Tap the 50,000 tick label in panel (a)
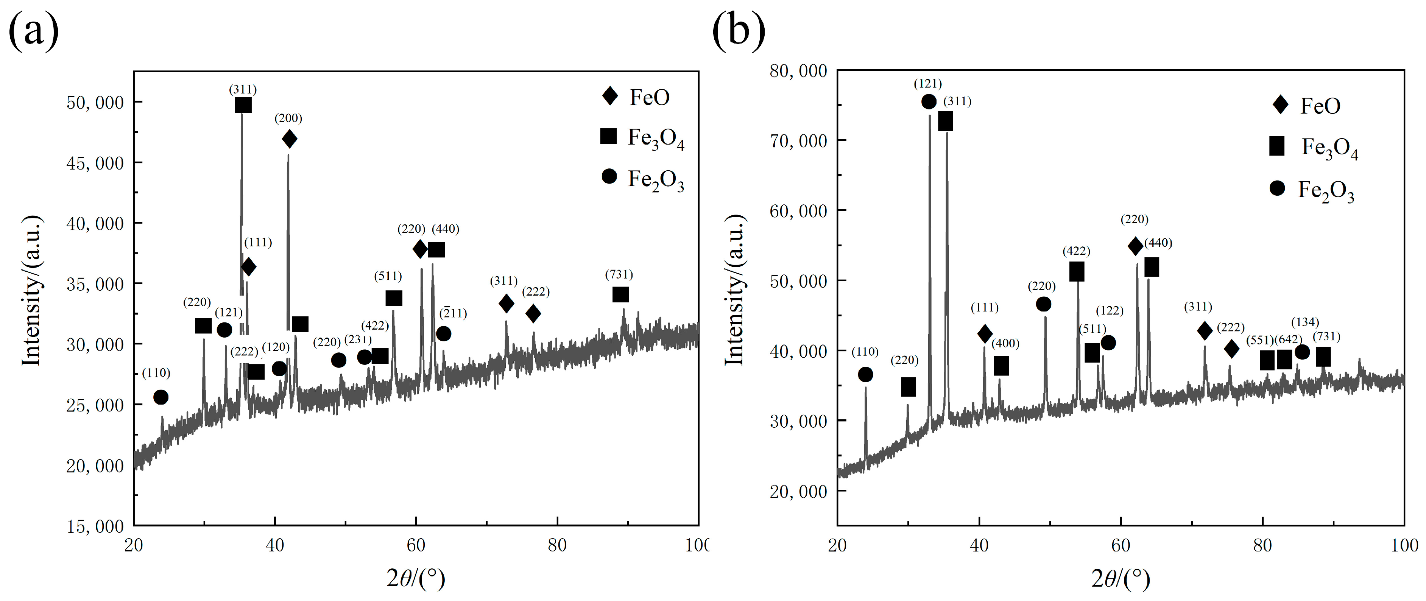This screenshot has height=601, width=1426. tap(95, 103)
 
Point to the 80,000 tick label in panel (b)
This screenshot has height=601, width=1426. tap(798, 72)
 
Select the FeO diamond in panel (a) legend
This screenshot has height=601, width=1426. tap(609, 96)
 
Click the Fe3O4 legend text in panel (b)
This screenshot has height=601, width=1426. tap(1330, 148)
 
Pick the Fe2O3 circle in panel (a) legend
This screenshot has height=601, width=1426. tap(609, 176)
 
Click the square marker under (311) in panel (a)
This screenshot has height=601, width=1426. tap(243, 105)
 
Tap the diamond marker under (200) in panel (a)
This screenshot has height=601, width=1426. tap(289, 139)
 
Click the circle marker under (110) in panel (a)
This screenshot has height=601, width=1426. tap(161, 397)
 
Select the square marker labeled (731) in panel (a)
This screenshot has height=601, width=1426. tap(620, 295)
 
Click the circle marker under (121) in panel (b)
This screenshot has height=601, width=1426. tap(929, 102)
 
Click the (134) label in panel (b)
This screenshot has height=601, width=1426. tap(1305, 322)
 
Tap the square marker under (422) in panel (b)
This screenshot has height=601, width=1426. tap(1077, 272)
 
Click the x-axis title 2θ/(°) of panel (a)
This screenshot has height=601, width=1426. tap(416, 579)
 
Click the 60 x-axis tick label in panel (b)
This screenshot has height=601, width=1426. tap(1121, 546)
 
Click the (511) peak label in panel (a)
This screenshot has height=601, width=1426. tap(388, 276)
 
